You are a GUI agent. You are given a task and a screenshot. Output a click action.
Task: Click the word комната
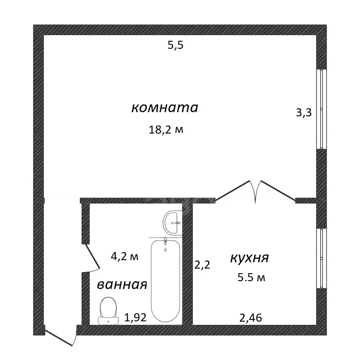point(165,108)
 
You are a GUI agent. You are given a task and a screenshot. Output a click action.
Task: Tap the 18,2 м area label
point(166,130)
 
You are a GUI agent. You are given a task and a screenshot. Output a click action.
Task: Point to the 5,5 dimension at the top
point(175,45)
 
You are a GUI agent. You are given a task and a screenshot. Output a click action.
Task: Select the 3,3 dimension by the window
point(303,112)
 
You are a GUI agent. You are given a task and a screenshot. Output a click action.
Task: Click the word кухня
point(249,258)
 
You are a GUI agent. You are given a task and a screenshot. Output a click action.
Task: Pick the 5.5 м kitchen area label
point(251,278)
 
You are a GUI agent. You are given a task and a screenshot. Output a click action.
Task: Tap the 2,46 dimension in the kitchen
point(250,318)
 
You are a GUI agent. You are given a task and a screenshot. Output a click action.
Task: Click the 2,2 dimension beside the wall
point(202,265)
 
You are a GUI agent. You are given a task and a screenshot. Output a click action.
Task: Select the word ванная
point(122,285)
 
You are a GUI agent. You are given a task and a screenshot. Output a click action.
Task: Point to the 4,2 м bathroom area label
point(124,256)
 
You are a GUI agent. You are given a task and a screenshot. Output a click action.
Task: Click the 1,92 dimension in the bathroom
point(135,317)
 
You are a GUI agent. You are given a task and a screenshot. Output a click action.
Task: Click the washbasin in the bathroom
point(172,223)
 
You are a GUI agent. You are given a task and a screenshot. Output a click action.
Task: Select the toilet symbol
point(108,311)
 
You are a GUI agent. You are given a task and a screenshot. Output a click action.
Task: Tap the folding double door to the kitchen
point(255,191)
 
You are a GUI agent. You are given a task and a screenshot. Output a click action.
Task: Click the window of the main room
point(321,109)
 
